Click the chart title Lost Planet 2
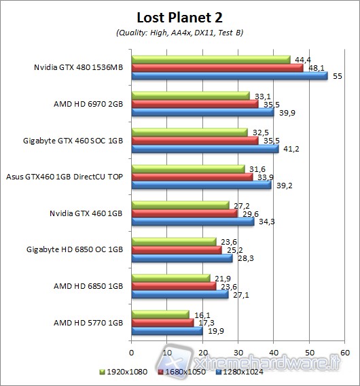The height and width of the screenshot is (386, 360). (179, 17)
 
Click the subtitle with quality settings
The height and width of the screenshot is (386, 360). (179, 33)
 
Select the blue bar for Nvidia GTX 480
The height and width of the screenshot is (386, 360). (230, 75)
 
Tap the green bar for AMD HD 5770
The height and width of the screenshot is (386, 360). (160, 315)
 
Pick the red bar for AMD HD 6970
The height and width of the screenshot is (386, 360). (195, 104)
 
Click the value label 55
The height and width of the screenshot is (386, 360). (334, 76)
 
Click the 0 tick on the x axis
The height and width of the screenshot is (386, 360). (132, 353)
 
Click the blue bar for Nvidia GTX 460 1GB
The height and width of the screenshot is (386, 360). (193, 222)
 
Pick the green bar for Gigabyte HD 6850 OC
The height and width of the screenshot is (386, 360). (174, 241)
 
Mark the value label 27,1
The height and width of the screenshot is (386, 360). (238, 295)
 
